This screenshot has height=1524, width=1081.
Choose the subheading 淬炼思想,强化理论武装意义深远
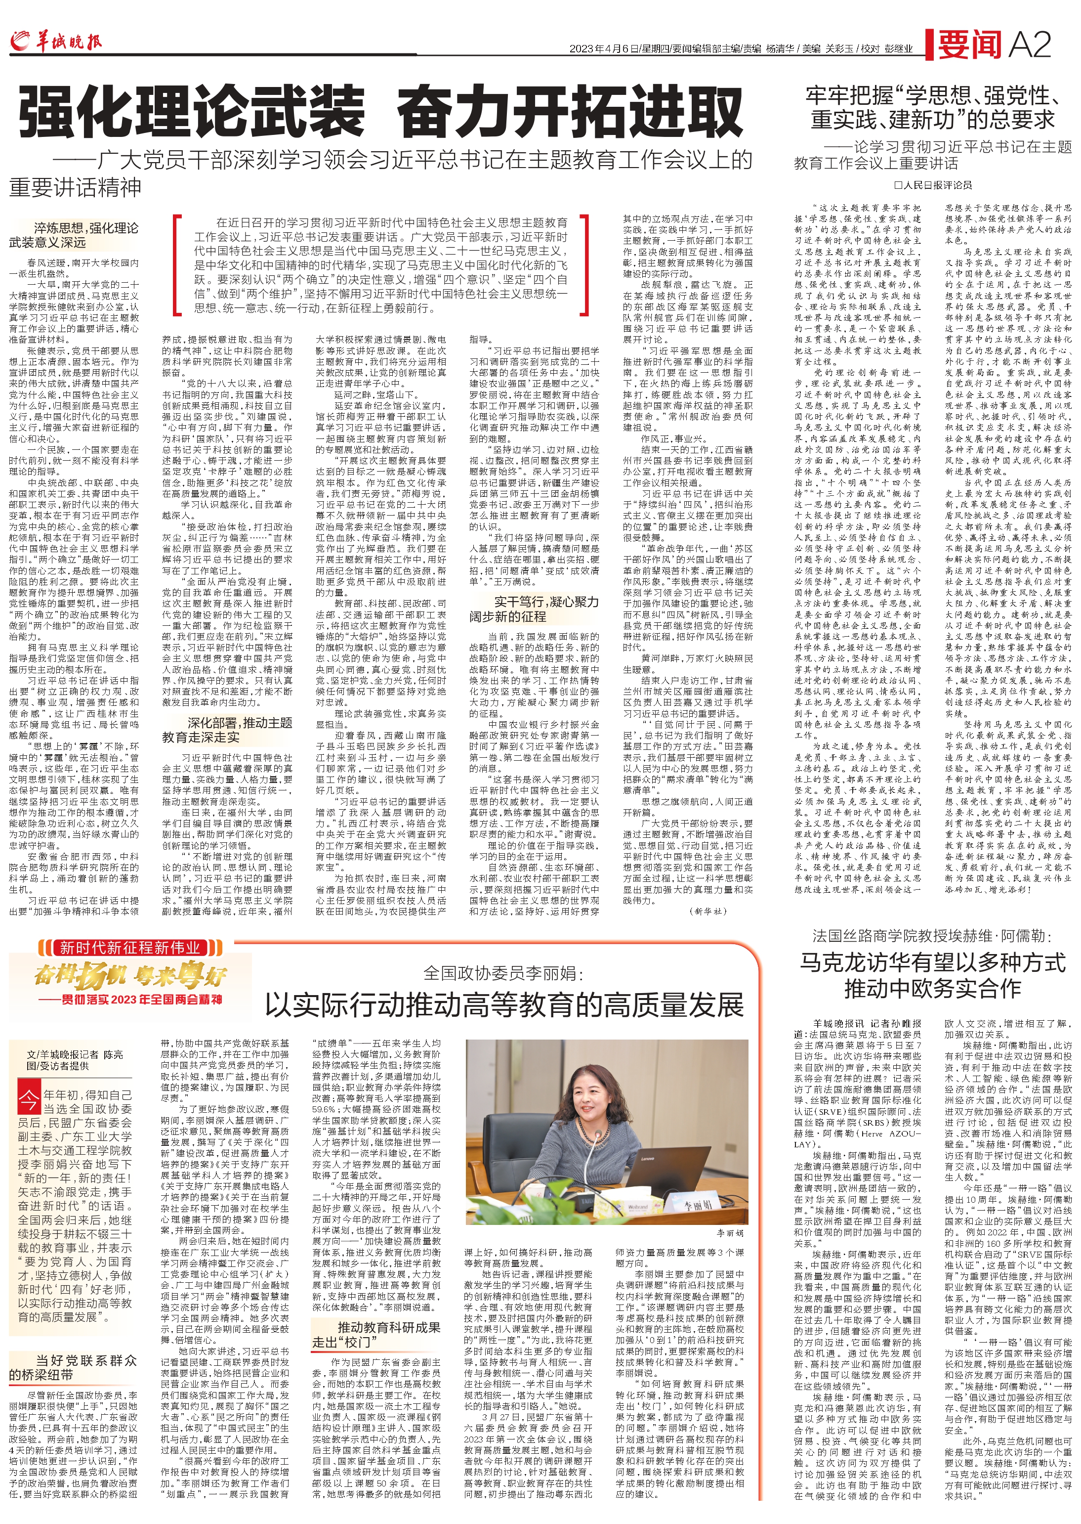click(x=74, y=235)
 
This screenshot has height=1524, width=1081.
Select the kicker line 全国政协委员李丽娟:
click(x=503, y=974)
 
